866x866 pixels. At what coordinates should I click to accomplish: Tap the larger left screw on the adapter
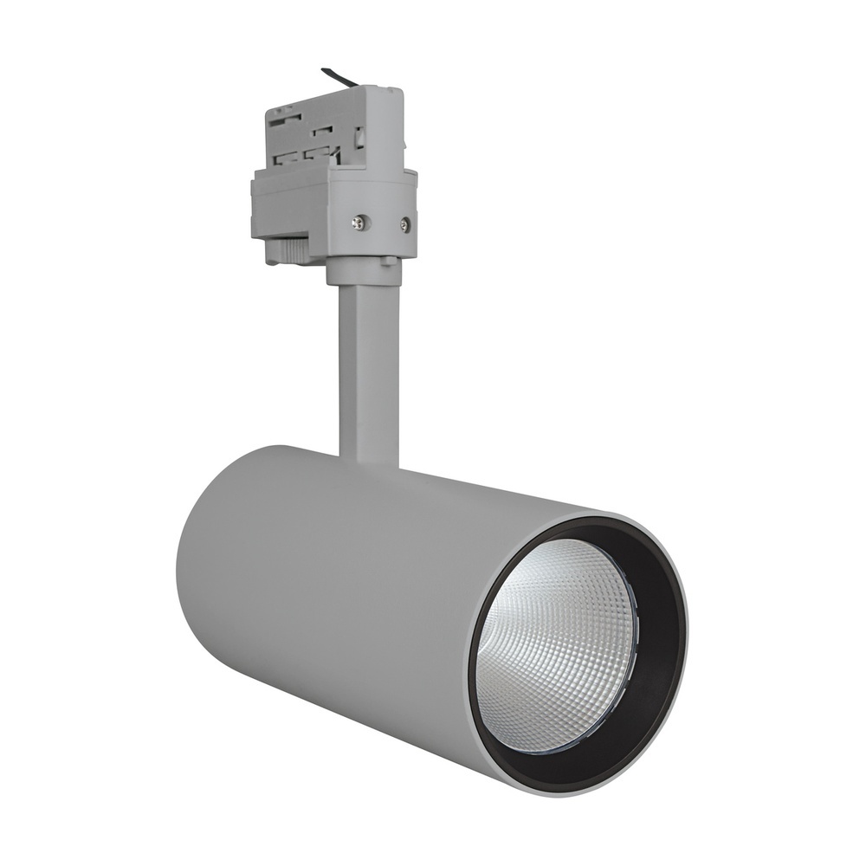(x=357, y=223)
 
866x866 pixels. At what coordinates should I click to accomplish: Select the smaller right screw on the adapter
(x=404, y=228)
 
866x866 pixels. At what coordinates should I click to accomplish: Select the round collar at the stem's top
(x=364, y=270)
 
